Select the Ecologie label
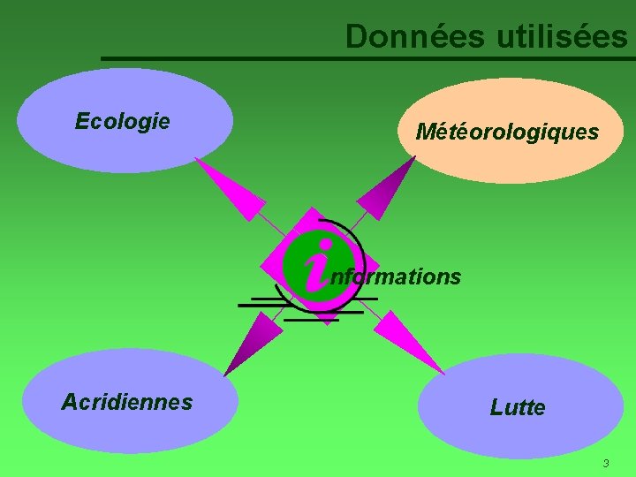123,121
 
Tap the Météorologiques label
507,132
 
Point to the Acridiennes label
126,402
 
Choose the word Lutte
518,407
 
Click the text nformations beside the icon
395,276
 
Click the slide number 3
606,464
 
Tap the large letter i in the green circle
317,267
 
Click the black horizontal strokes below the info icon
300,309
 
